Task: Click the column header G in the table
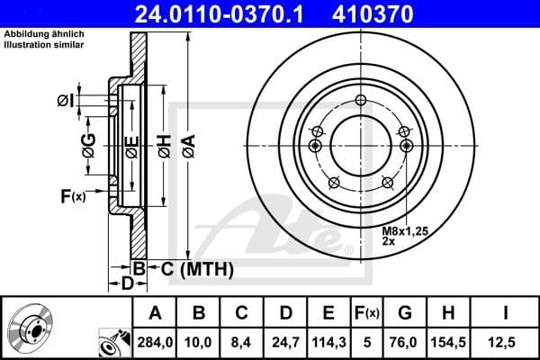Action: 404,314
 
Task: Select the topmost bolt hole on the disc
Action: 360,101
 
